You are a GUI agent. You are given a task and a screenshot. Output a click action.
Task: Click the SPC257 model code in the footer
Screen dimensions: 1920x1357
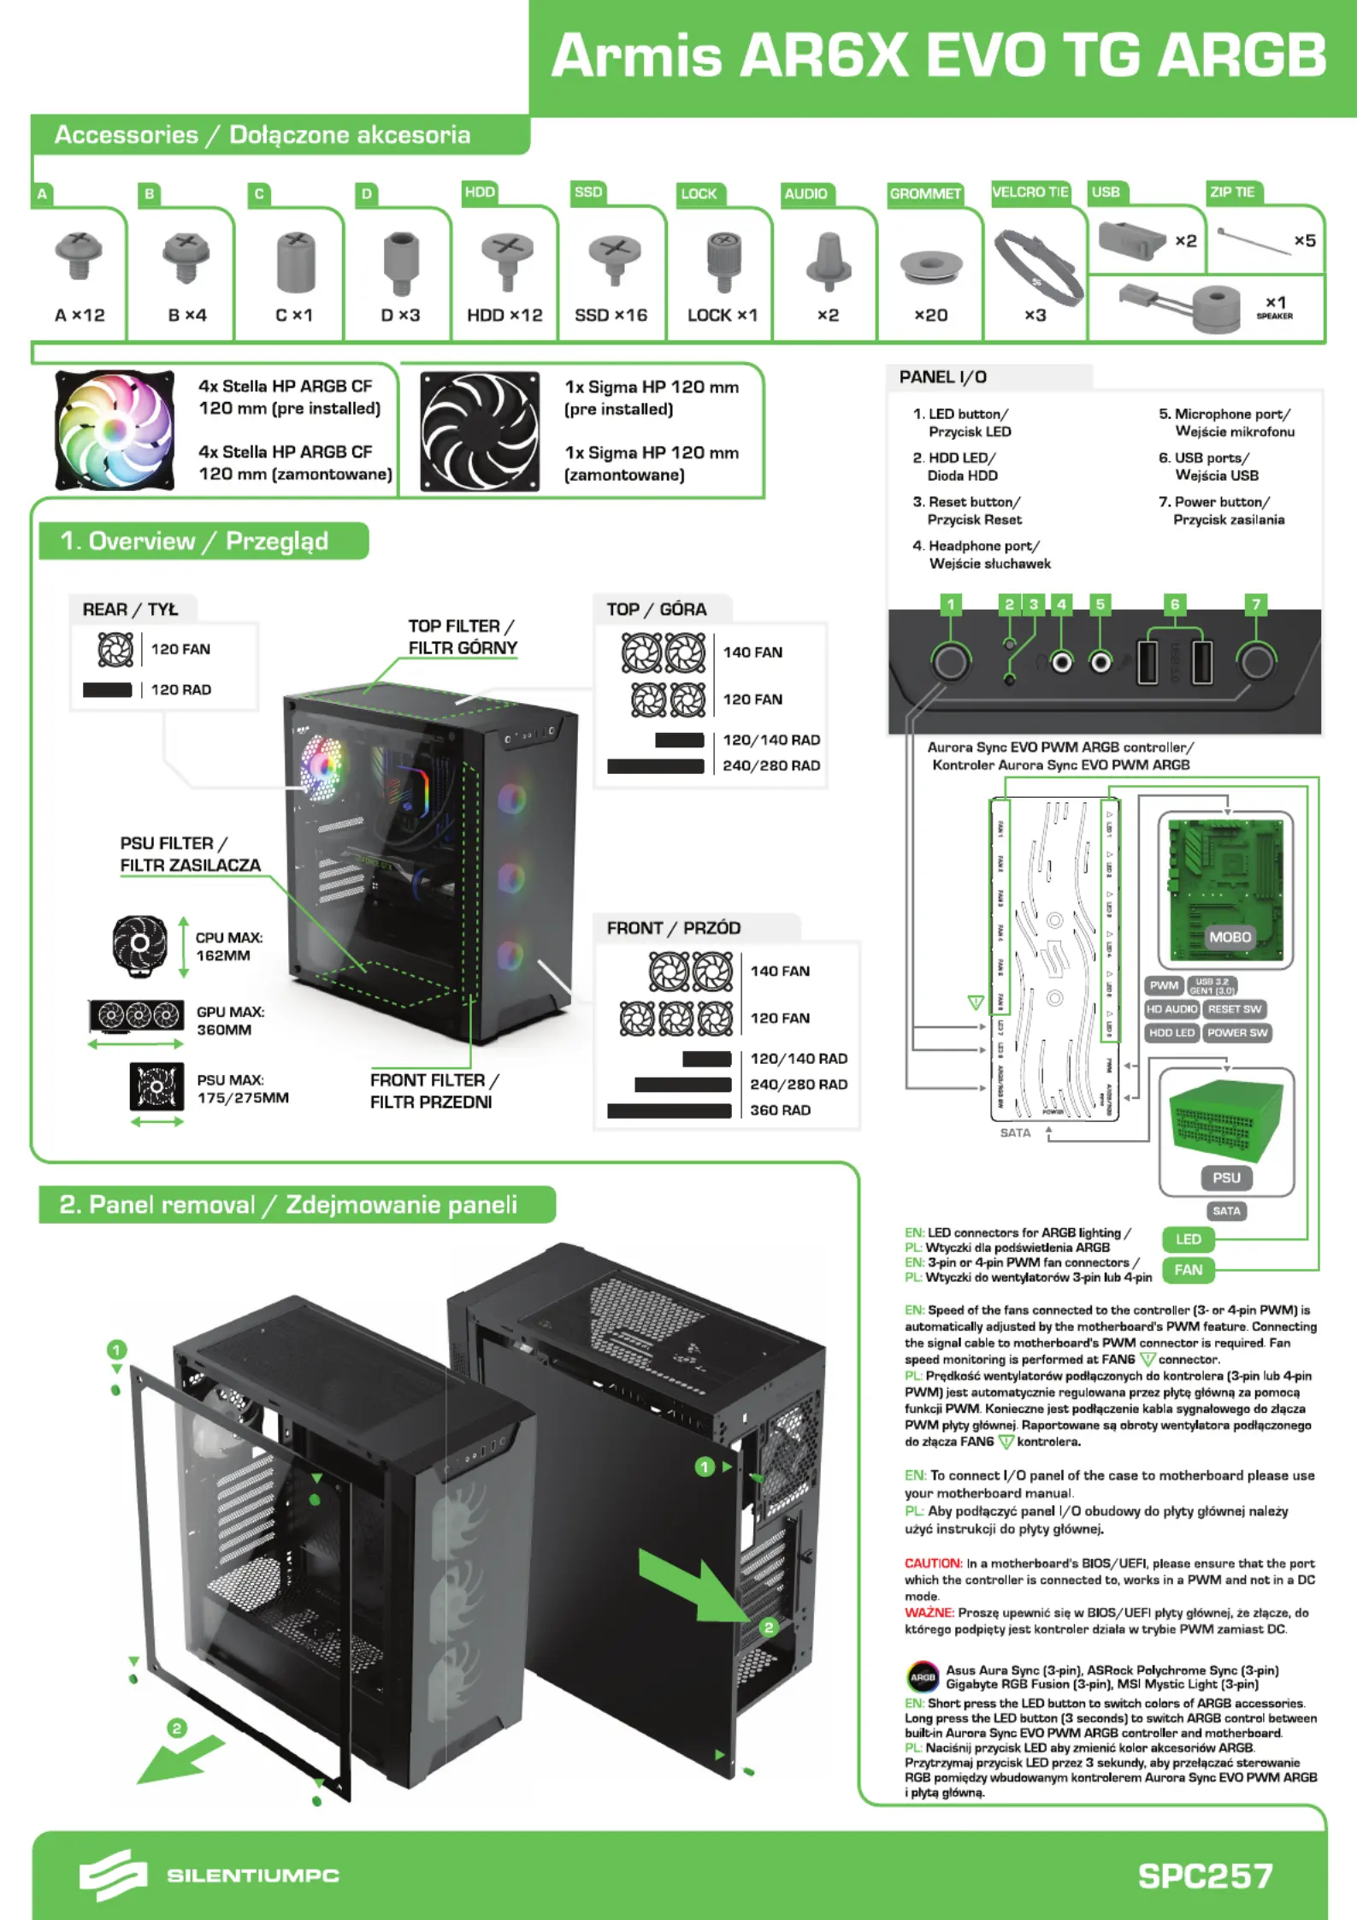point(1205,1876)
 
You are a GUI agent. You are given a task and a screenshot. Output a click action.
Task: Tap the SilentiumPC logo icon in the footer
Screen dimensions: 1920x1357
point(112,1875)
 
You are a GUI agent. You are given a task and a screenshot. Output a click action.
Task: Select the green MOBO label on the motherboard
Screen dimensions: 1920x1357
point(1230,937)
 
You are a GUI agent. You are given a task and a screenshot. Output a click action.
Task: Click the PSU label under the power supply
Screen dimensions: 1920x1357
point(1226,1178)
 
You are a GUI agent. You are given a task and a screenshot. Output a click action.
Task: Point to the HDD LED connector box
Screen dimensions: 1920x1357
point(1171,1033)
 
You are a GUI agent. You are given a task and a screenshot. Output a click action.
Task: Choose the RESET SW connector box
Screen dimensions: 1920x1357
point(1235,1009)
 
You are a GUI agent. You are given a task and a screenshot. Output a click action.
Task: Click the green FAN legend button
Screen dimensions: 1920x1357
point(1188,1270)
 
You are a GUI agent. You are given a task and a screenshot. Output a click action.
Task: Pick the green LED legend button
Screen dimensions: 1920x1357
point(1188,1239)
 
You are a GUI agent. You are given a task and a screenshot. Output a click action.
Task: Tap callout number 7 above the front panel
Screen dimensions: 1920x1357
point(1256,605)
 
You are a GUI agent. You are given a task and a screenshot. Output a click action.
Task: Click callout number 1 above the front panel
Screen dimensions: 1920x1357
point(950,605)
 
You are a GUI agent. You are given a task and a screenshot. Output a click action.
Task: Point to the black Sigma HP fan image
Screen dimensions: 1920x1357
point(480,431)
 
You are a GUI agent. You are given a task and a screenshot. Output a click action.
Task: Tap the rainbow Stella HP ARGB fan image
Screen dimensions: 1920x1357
point(115,430)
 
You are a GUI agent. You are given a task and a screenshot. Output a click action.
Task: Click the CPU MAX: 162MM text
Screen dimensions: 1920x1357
point(229,947)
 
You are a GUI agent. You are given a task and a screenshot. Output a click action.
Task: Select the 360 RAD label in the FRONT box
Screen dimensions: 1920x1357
point(780,1110)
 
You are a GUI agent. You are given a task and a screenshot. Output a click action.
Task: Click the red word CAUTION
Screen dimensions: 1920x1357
point(933,1563)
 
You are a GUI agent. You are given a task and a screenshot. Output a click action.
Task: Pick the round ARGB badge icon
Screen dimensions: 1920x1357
point(923,1677)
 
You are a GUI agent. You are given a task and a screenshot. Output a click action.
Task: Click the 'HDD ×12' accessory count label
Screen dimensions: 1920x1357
point(504,316)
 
